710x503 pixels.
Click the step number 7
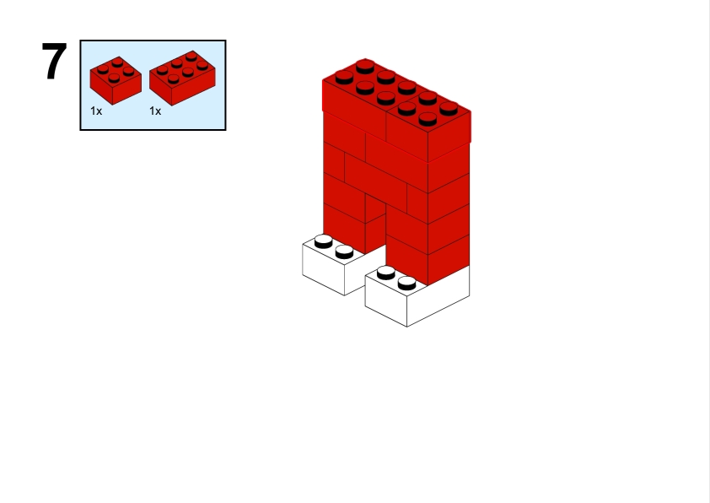(54, 62)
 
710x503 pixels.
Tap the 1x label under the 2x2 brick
(96, 111)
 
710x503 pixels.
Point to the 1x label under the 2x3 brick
(155, 111)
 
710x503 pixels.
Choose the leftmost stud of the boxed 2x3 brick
(161, 72)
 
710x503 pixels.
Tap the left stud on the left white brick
(323, 241)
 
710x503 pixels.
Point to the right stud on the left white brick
(343, 251)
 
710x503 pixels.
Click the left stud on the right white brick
(386, 272)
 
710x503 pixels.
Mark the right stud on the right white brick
(406, 282)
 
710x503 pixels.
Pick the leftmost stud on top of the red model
(344, 77)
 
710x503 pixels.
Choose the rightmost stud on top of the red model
(449, 107)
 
